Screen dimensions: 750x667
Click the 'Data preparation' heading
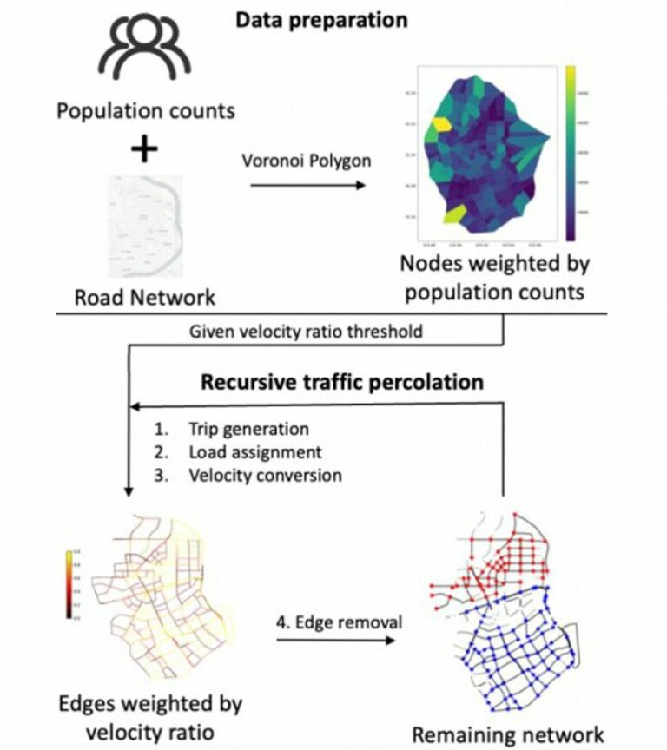[321, 19]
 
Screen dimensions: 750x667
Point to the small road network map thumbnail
[144, 225]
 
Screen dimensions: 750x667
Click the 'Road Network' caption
[144, 298]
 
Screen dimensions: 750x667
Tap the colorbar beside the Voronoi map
[570, 152]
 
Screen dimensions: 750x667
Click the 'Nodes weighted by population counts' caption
[492, 280]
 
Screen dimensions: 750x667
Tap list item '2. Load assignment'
[242, 451]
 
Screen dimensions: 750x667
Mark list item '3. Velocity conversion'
[251, 475]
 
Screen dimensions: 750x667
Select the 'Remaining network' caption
[507, 733]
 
